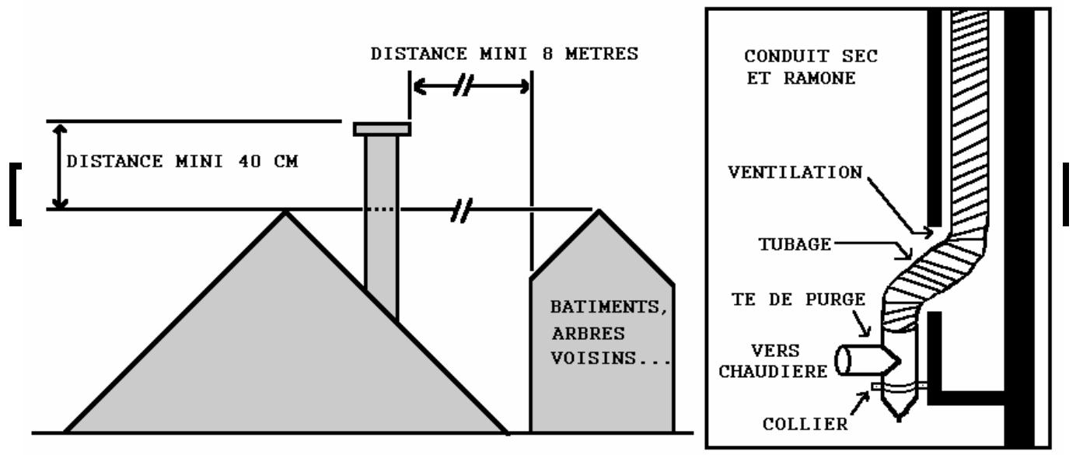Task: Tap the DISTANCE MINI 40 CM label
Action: [183, 163]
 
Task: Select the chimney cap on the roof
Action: [382, 129]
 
